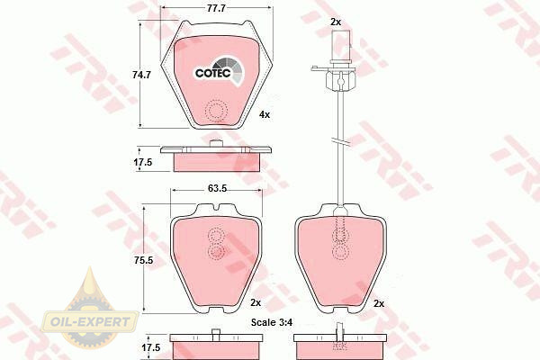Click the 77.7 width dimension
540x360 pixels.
point(216,8)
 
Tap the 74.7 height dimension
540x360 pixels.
point(142,75)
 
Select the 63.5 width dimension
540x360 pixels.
point(217,188)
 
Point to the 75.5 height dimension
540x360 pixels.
point(144,260)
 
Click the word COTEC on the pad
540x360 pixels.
point(212,73)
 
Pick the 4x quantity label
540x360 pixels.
point(265,114)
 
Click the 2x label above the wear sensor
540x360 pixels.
point(336,22)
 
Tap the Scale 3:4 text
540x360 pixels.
point(272,322)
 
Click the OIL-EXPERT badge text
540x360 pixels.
point(90,322)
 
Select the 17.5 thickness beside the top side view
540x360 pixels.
point(143,162)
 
